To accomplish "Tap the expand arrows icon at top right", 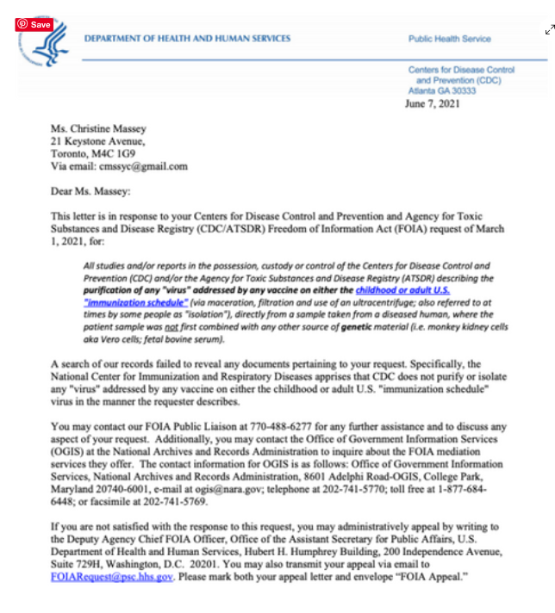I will pos(549,30).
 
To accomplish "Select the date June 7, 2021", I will pos(432,104).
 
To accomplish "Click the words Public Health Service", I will pos(449,39).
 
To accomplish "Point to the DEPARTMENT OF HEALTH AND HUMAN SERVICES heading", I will pos(186,39).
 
